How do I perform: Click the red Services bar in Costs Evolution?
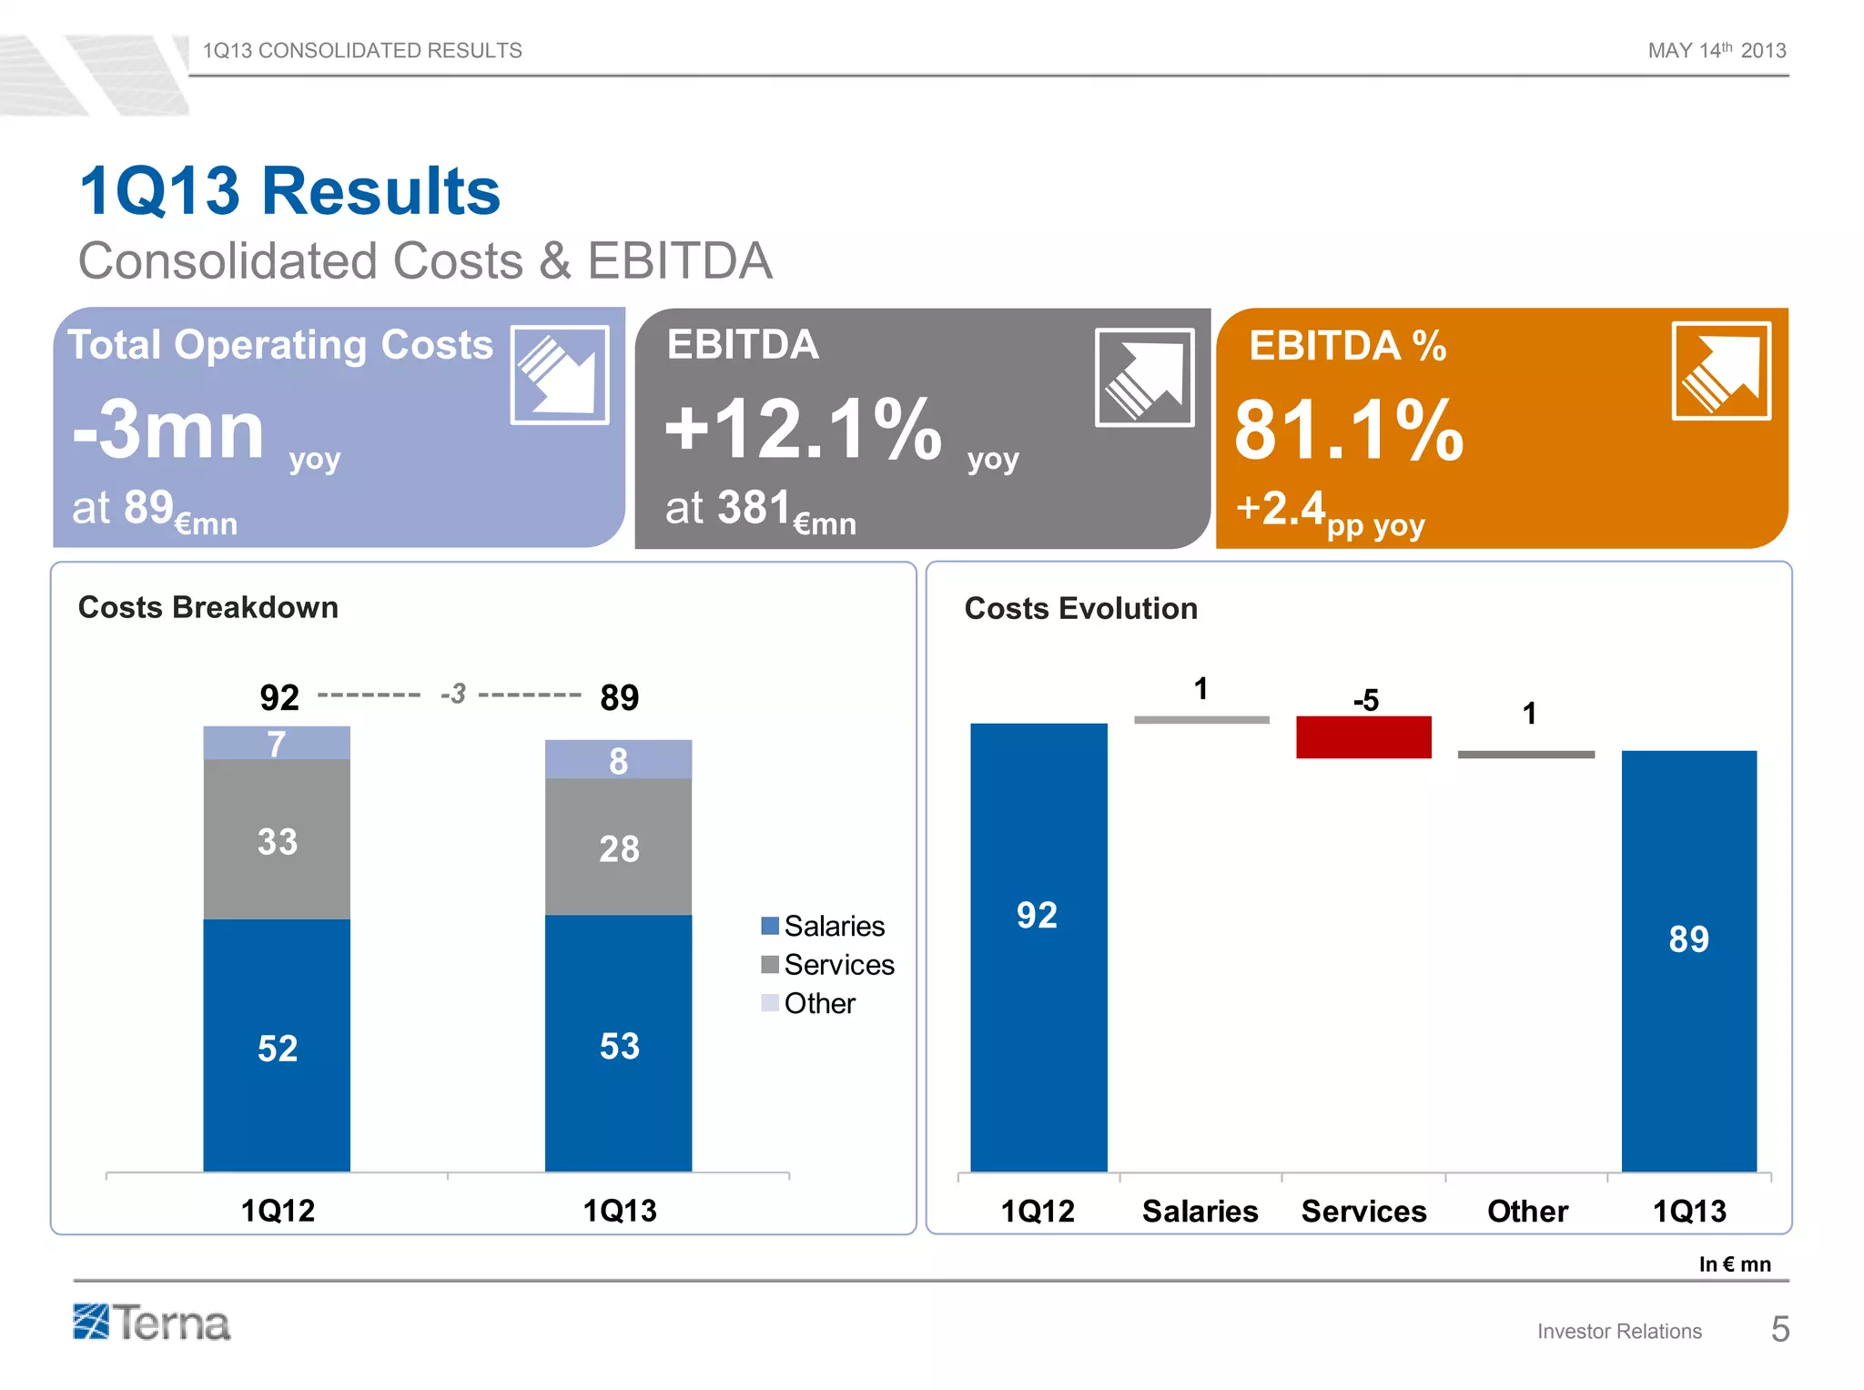pos(1363,737)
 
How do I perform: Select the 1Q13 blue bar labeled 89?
pos(1688,960)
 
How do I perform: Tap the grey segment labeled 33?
pos(277,840)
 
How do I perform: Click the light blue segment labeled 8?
pos(618,760)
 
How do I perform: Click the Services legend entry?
pos(827,965)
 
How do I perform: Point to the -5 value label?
pos(1365,700)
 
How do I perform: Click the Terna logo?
pos(152,1323)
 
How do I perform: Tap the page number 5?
pos(1779,1330)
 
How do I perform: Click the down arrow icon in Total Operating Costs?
pos(560,375)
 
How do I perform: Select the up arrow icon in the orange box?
pos(1720,371)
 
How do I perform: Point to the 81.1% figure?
pos(1348,431)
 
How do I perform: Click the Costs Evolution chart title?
pos(1080,608)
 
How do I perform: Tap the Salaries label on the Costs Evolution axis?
pos(1200,1212)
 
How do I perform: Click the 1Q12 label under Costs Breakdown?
pos(278,1211)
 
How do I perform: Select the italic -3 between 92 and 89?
pos(452,695)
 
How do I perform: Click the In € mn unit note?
pos(1734,1264)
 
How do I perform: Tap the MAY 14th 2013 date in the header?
pos(1716,51)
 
